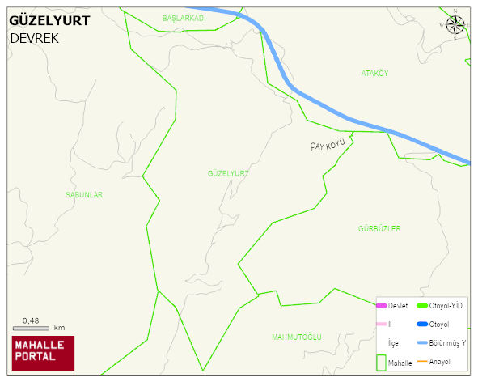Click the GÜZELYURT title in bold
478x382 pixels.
pyautogui.click(x=49, y=21)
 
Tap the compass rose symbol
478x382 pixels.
pyautogui.click(x=455, y=25)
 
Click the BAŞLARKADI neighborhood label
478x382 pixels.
pyautogui.click(x=184, y=18)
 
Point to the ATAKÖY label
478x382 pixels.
pyautogui.click(x=374, y=74)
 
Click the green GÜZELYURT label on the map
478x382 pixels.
pyautogui.click(x=227, y=174)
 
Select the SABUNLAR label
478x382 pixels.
pyautogui.click(x=84, y=195)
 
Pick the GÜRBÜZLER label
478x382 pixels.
pyautogui.click(x=379, y=229)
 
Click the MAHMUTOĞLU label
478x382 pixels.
pyautogui.click(x=297, y=337)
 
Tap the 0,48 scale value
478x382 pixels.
pyautogui.click(x=31, y=320)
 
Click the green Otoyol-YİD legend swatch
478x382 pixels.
pyautogui.click(x=421, y=306)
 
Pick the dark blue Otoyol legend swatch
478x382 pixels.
pyautogui.click(x=421, y=325)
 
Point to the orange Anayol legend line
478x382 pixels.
pyautogui.click(x=421, y=361)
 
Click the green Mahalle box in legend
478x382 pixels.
pyautogui.click(x=381, y=362)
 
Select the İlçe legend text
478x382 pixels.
pyautogui.click(x=394, y=343)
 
